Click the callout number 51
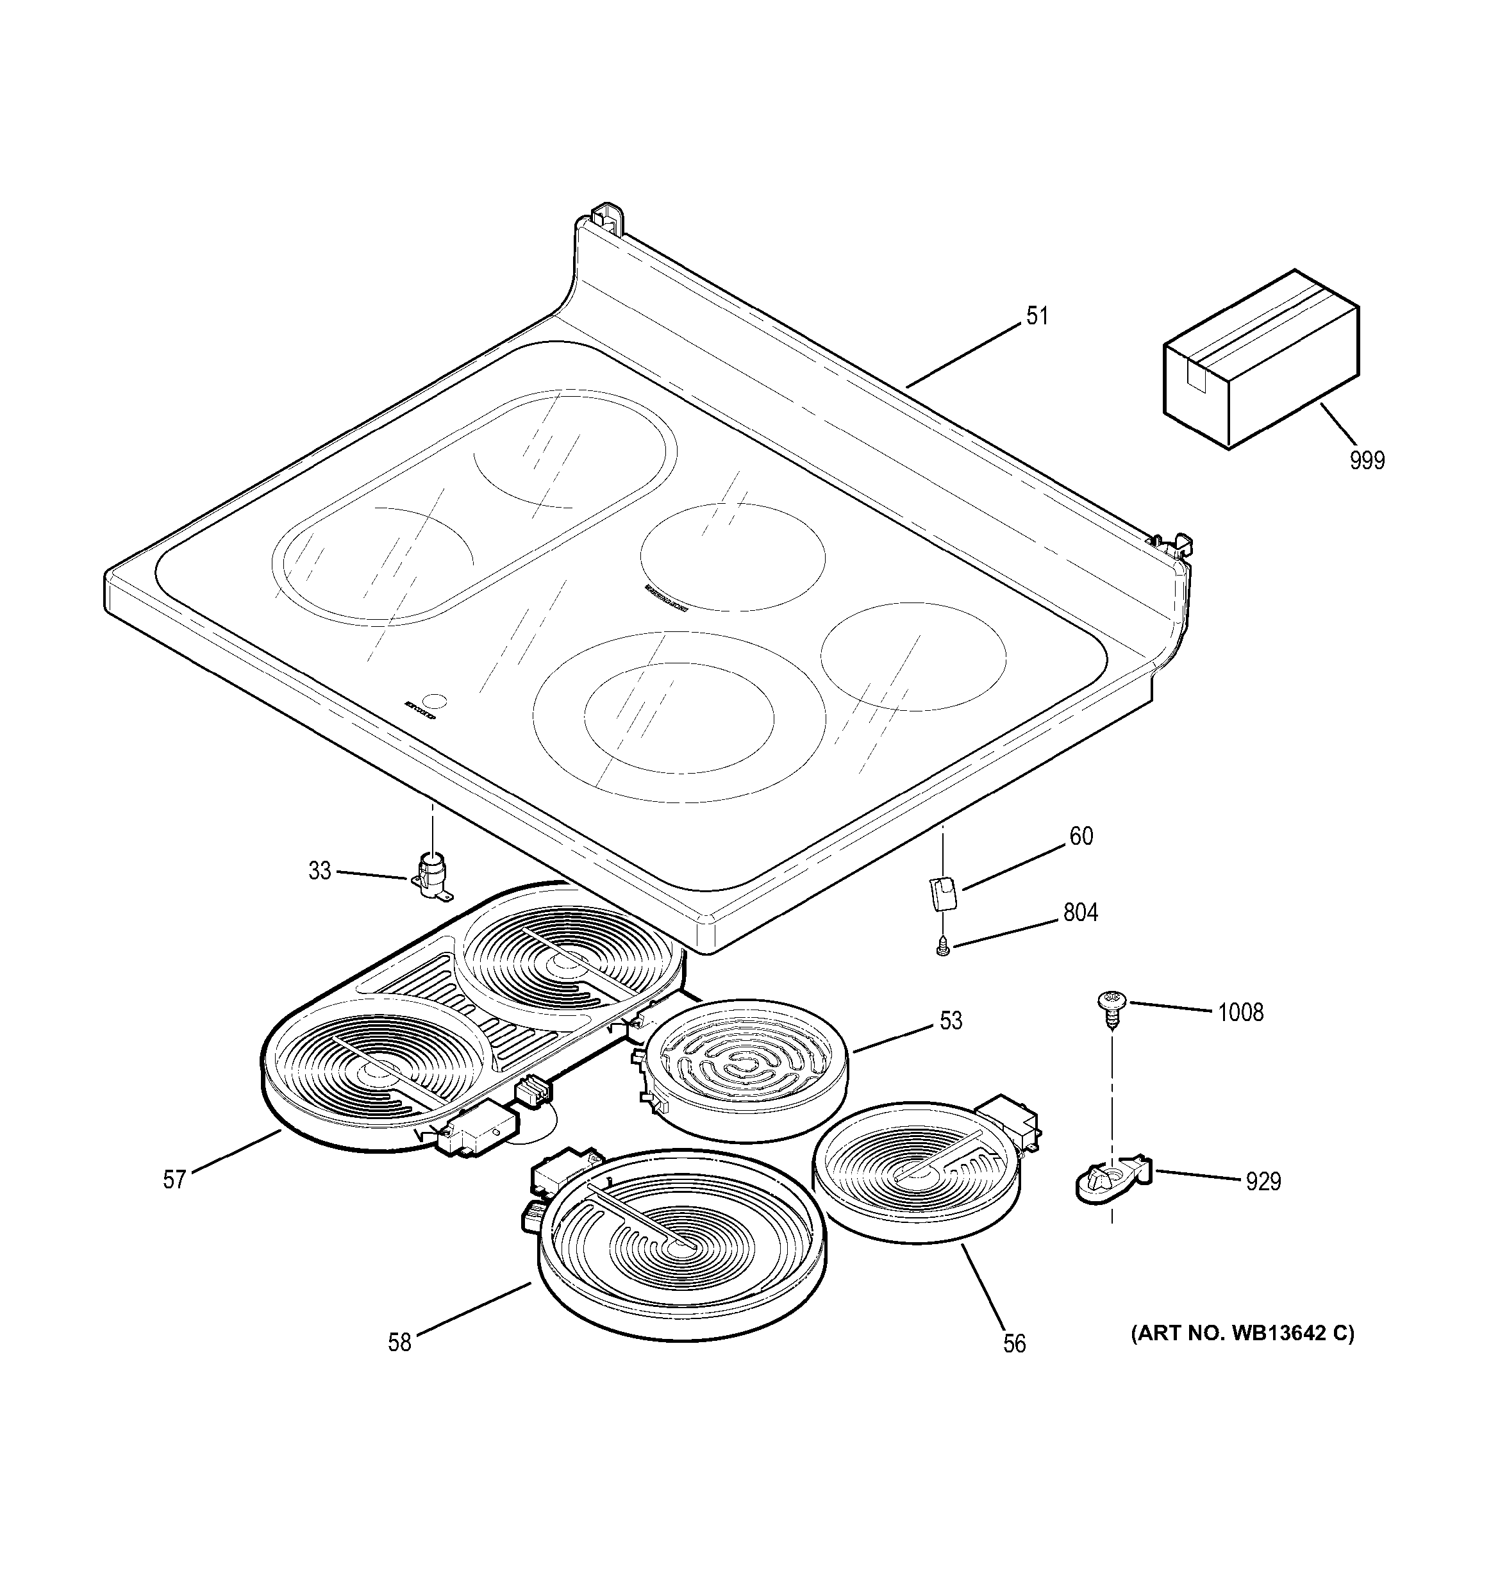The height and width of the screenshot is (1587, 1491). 1036,316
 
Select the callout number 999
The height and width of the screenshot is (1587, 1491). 1367,461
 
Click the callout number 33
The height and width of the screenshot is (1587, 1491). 319,871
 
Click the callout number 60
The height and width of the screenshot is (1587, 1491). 1081,836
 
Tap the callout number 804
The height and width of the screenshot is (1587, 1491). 1080,913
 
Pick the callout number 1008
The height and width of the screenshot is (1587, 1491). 1240,1013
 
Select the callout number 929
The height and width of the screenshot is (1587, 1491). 1263,1181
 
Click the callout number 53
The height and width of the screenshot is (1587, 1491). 951,1020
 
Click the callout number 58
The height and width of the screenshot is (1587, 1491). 399,1342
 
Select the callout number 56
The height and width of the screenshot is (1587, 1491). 1013,1343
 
